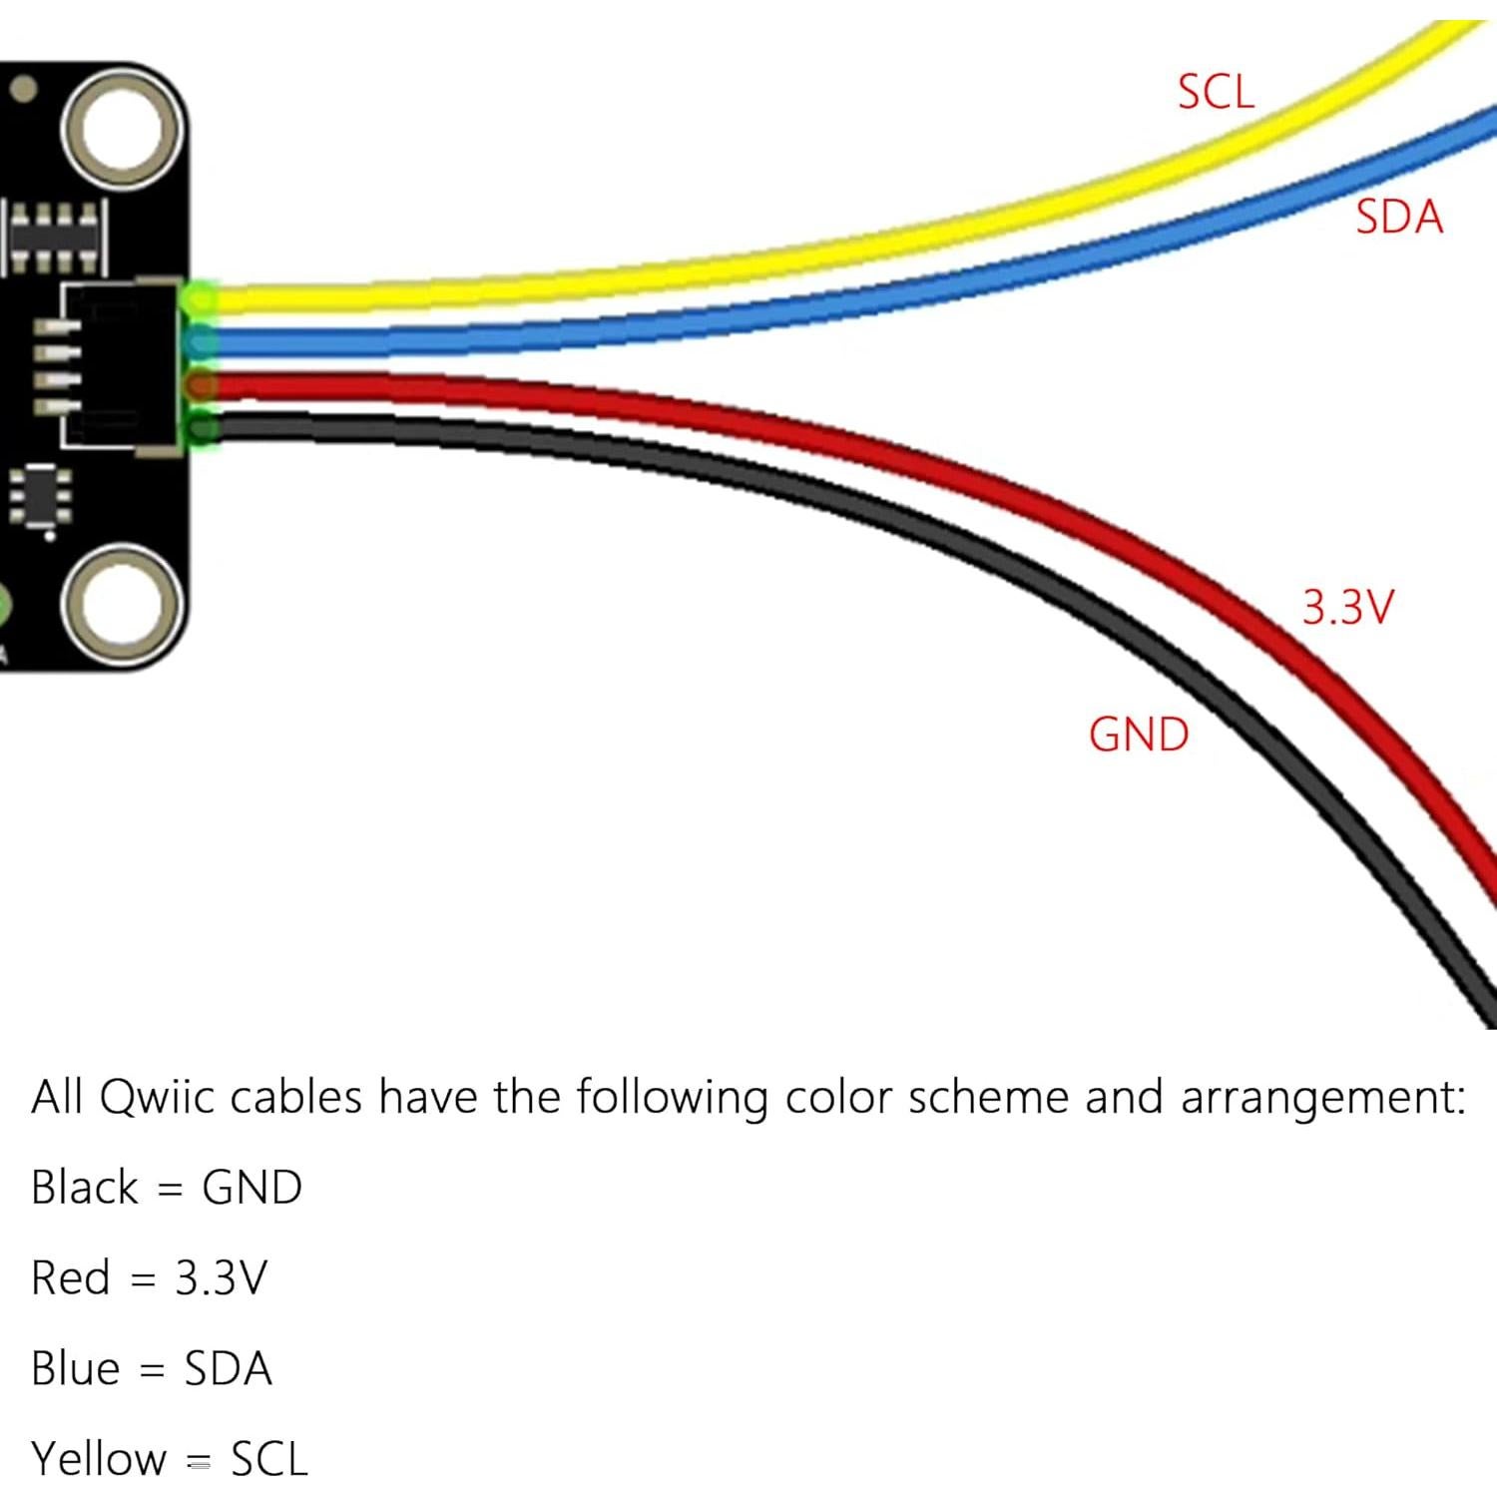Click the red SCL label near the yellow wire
point(1215,92)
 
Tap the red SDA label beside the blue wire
point(1398,217)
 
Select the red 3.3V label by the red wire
point(1346,607)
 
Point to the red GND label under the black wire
point(1139,735)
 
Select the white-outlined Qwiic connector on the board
point(120,366)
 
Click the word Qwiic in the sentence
point(158,1098)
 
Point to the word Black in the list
point(84,1188)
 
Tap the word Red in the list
point(70,1278)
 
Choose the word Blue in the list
point(75,1368)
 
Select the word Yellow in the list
point(98,1459)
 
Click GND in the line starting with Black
point(251,1188)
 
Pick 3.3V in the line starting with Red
point(221,1278)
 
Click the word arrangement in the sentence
point(1323,1098)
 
